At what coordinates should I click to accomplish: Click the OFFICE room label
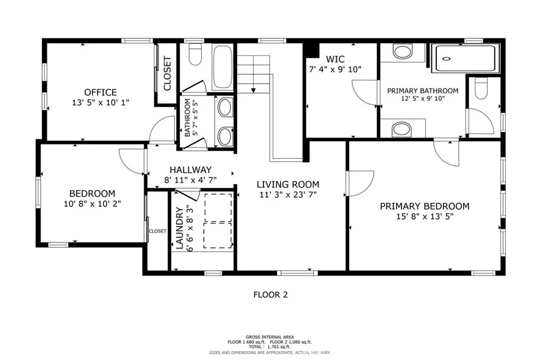100,92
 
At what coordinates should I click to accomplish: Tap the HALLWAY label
190,170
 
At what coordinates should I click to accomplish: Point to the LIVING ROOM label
288,184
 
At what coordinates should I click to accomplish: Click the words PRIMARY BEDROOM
424,206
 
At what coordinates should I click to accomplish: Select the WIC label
335,59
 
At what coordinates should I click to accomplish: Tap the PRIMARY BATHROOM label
423,91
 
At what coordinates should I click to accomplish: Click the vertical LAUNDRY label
179,229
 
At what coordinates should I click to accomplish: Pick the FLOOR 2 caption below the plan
270,295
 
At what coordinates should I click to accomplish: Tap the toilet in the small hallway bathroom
195,55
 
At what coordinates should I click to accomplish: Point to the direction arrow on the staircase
254,90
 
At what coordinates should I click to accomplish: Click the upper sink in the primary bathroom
403,52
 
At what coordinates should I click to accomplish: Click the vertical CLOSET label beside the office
167,74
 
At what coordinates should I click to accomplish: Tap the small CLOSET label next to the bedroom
157,231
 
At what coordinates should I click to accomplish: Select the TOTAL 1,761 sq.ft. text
270,346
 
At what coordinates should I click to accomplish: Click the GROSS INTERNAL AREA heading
270,337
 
